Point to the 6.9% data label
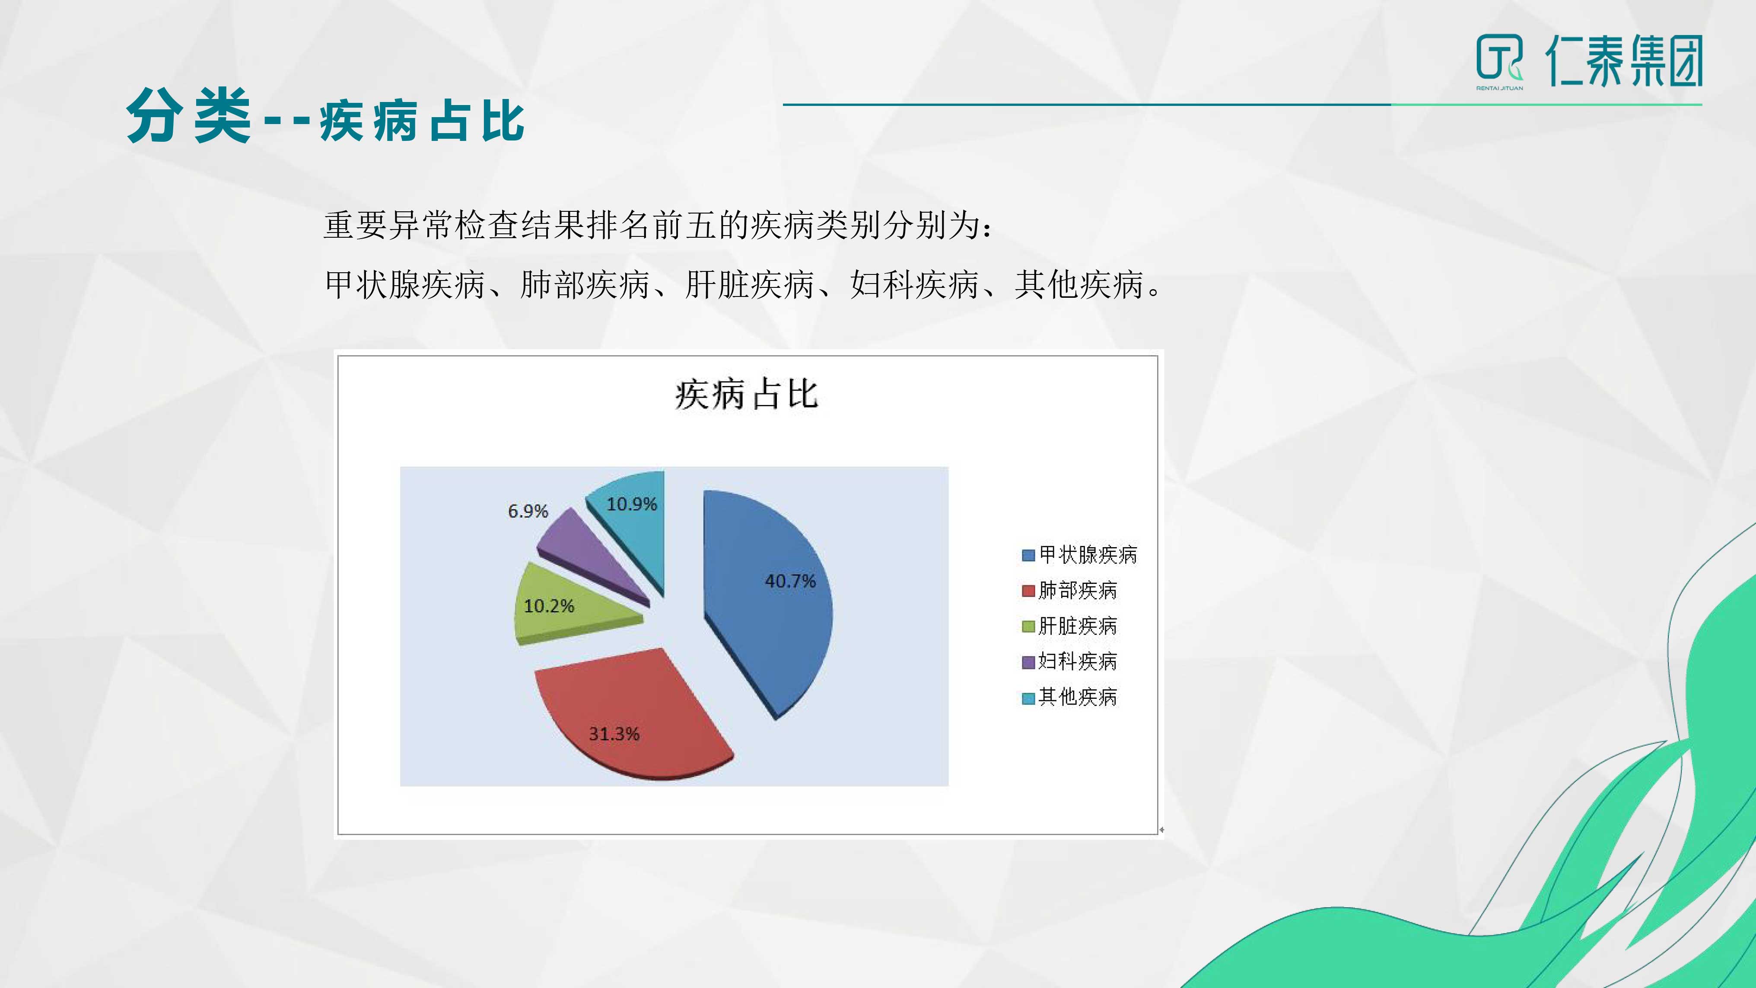coord(528,511)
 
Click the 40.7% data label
coord(790,581)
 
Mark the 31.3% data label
coord(614,734)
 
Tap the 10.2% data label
coord(549,606)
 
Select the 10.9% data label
coord(632,504)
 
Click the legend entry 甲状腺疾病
coord(1079,555)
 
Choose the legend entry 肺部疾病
coord(1069,590)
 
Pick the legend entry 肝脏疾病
coord(1069,625)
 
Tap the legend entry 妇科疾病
coord(1069,661)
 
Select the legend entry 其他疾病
coord(1069,697)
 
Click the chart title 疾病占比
coord(747,394)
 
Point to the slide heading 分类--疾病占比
coord(325,117)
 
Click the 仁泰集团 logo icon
coord(1500,60)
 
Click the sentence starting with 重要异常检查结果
coord(658,225)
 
